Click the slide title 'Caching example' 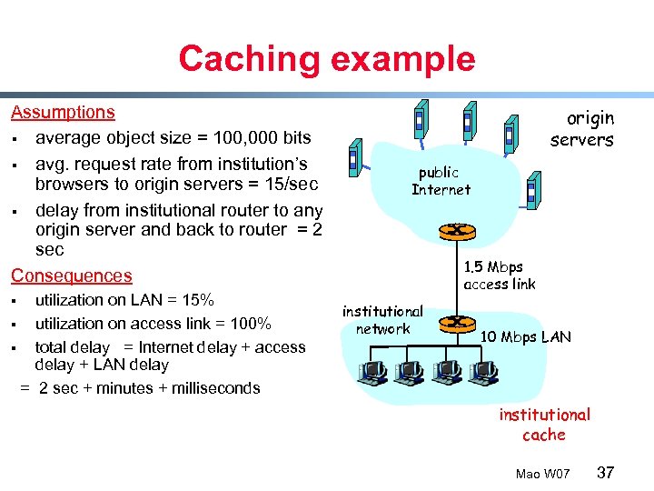tap(326, 58)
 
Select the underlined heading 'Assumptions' tap(63, 113)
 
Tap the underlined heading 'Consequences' tap(71, 276)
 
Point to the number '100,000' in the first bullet tap(243, 138)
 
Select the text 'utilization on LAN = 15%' tap(124, 300)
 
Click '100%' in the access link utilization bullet tap(252, 324)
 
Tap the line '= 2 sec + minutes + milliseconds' tap(140, 388)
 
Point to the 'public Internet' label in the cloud tap(441, 181)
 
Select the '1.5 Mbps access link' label tap(499, 276)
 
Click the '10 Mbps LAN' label tap(526, 337)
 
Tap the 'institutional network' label tap(382, 320)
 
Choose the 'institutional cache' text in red tap(544, 425)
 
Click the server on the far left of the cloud tap(357, 160)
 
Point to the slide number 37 tap(605, 473)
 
